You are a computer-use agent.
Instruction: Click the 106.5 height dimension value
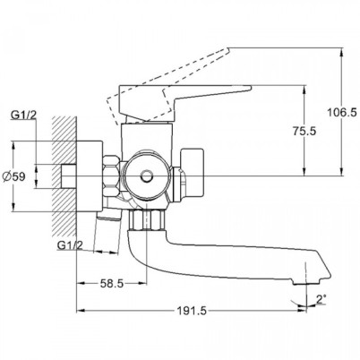point(342,113)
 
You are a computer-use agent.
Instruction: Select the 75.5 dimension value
point(304,131)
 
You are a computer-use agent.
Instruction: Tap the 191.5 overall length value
point(192,311)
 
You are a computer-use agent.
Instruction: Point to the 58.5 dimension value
point(112,283)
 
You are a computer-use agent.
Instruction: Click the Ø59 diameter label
point(14,176)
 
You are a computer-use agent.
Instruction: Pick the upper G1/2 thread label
point(23,115)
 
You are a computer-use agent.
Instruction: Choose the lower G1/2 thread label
point(70,245)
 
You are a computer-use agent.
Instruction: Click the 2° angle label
point(321,299)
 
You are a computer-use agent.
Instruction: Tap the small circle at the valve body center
point(147,176)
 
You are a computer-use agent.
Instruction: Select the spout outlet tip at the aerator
point(307,282)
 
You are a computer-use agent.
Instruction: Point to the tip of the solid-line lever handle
point(250,87)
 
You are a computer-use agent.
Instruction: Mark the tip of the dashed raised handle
point(228,49)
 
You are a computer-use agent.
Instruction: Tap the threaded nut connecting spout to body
point(147,220)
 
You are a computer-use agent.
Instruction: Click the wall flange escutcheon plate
point(90,176)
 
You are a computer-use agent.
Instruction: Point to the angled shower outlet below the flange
point(108,214)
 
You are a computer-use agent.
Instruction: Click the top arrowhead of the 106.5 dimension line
point(341,51)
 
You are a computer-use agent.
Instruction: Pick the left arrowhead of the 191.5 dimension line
point(81,311)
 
